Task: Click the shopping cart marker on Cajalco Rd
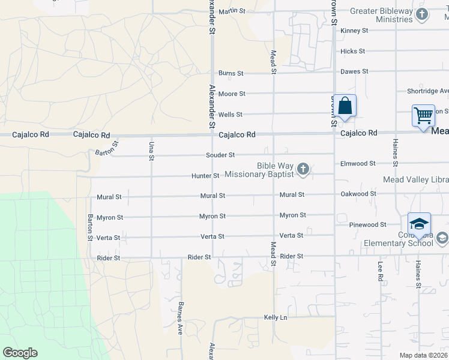point(423,115)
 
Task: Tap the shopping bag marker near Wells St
point(345,106)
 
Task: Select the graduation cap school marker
point(419,224)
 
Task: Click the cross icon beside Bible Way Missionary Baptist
point(303,170)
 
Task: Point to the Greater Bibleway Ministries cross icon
point(423,15)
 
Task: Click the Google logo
point(20,353)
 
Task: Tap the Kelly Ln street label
point(276,317)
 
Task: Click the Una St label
point(151,150)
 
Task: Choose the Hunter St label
point(205,176)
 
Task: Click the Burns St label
point(231,73)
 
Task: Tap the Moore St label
point(232,94)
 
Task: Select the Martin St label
point(232,11)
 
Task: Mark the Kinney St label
point(354,31)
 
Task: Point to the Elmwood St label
point(357,163)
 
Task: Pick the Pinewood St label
point(367,224)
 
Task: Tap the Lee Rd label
point(380,271)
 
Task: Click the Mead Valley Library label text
point(416,179)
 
